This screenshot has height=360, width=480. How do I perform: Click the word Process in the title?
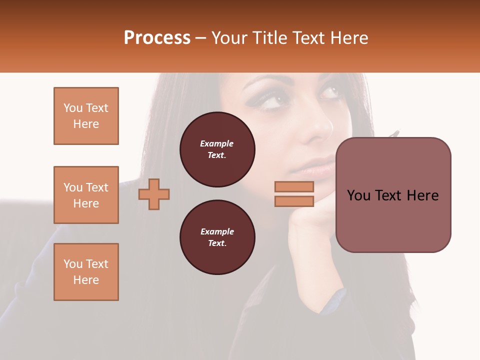coord(157,38)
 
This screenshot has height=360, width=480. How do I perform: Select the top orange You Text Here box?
coord(86,116)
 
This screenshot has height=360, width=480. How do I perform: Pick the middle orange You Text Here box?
coord(86,195)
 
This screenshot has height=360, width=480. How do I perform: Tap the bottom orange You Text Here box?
coord(86,272)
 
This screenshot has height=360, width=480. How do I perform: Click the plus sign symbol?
coord(154,194)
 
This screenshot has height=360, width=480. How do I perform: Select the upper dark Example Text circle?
coord(217,149)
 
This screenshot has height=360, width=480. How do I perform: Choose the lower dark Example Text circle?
coord(217,237)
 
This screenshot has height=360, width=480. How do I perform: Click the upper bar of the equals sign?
coord(294,186)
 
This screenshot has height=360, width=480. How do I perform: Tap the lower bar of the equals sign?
coord(294,201)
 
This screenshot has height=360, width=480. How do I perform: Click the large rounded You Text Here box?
coord(393,195)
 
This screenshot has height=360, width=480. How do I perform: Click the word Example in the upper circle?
coord(217,144)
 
